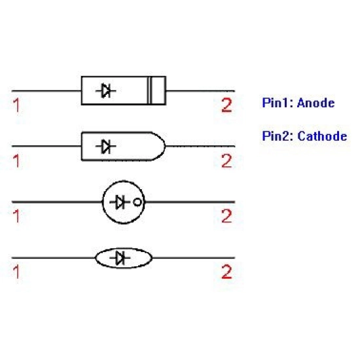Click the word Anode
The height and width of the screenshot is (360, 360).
(315, 103)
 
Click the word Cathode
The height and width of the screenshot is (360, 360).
(322, 136)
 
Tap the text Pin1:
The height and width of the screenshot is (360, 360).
(278, 103)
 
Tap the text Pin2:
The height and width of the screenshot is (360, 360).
(278, 136)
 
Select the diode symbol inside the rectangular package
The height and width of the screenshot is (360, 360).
(105, 91)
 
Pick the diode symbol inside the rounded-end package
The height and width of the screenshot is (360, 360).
(105, 146)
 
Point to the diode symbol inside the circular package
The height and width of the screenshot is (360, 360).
(120, 202)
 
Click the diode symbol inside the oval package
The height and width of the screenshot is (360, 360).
(120, 258)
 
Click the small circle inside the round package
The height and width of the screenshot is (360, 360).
(137, 202)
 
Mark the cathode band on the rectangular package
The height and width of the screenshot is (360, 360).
(149, 90)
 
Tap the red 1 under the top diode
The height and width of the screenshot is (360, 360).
(16, 105)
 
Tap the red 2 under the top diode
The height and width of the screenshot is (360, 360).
(226, 105)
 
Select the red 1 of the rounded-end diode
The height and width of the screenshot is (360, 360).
(16, 160)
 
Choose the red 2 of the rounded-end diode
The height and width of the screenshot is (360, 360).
(226, 160)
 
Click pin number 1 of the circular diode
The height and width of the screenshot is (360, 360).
(16, 216)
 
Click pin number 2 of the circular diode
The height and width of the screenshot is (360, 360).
(226, 216)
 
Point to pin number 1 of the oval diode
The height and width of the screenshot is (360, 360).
(16, 272)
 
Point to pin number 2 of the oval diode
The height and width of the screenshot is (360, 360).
(226, 272)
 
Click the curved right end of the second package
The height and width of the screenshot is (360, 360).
(164, 146)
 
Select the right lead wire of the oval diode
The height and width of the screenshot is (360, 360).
(193, 258)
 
